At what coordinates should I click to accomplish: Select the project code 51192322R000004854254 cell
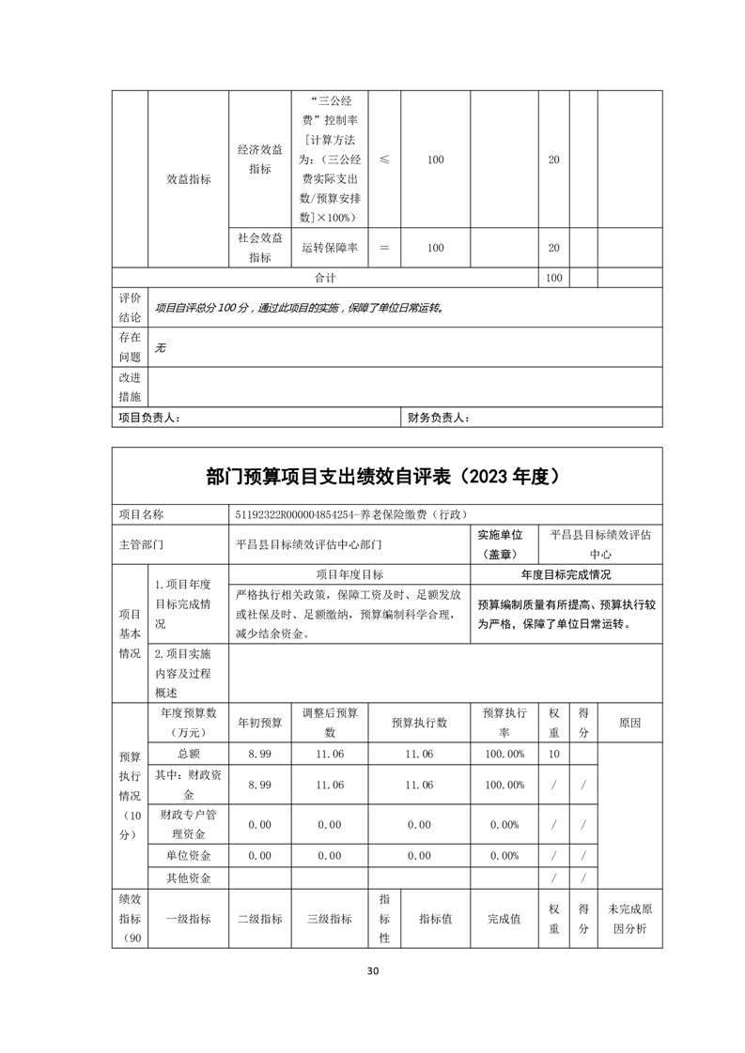point(349,514)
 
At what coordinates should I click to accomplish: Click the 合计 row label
point(325,279)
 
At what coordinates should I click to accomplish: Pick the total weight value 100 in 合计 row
point(553,279)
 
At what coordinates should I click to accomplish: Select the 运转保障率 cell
point(330,248)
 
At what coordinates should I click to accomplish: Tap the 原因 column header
point(629,723)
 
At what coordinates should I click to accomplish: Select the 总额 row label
point(188,755)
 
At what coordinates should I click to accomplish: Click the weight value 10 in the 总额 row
point(553,755)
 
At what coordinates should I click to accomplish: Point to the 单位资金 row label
point(188,856)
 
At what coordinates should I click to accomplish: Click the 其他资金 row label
point(188,878)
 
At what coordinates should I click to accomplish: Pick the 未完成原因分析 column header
point(629,920)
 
